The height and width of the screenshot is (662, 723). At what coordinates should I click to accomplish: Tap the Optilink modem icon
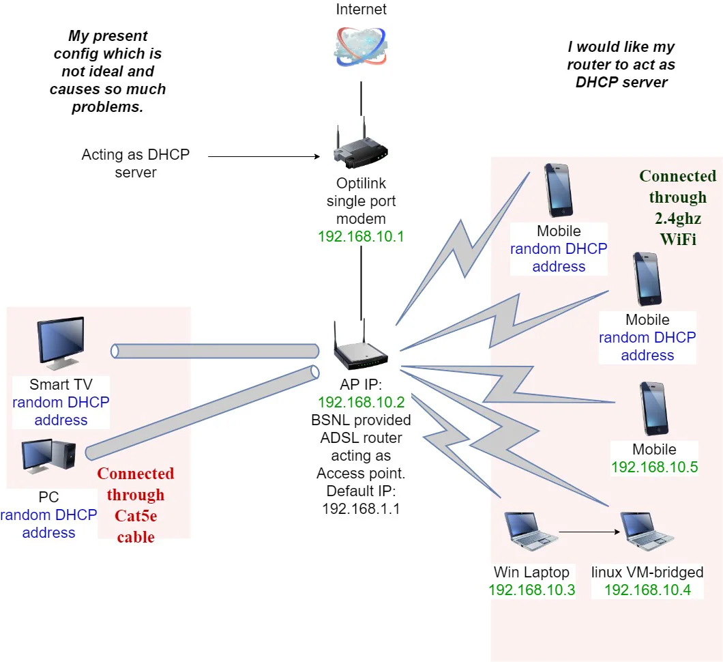click(361, 147)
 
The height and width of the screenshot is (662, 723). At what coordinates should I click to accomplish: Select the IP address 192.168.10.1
click(361, 237)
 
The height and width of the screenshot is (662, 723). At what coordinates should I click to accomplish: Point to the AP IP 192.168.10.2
click(361, 401)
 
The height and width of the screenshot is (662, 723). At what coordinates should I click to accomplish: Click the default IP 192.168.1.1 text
click(361, 508)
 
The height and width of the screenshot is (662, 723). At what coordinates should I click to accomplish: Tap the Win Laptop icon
click(531, 530)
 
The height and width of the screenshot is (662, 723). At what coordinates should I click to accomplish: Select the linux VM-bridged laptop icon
click(647, 530)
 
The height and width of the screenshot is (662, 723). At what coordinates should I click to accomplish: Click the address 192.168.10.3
click(532, 590)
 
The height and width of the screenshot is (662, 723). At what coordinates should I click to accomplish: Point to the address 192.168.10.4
click(647, 590)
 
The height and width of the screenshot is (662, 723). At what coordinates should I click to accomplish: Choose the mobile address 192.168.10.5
click(654, 467)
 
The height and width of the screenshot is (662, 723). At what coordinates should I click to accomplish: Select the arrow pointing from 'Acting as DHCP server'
click(263, 157)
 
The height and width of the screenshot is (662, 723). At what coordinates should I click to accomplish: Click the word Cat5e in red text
click(136, 517)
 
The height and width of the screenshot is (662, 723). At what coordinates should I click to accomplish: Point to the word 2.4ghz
click(678, 218)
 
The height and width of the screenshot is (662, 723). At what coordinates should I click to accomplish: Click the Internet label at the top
click(361, 10)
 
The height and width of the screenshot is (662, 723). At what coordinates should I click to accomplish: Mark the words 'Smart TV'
click(60, 384)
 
